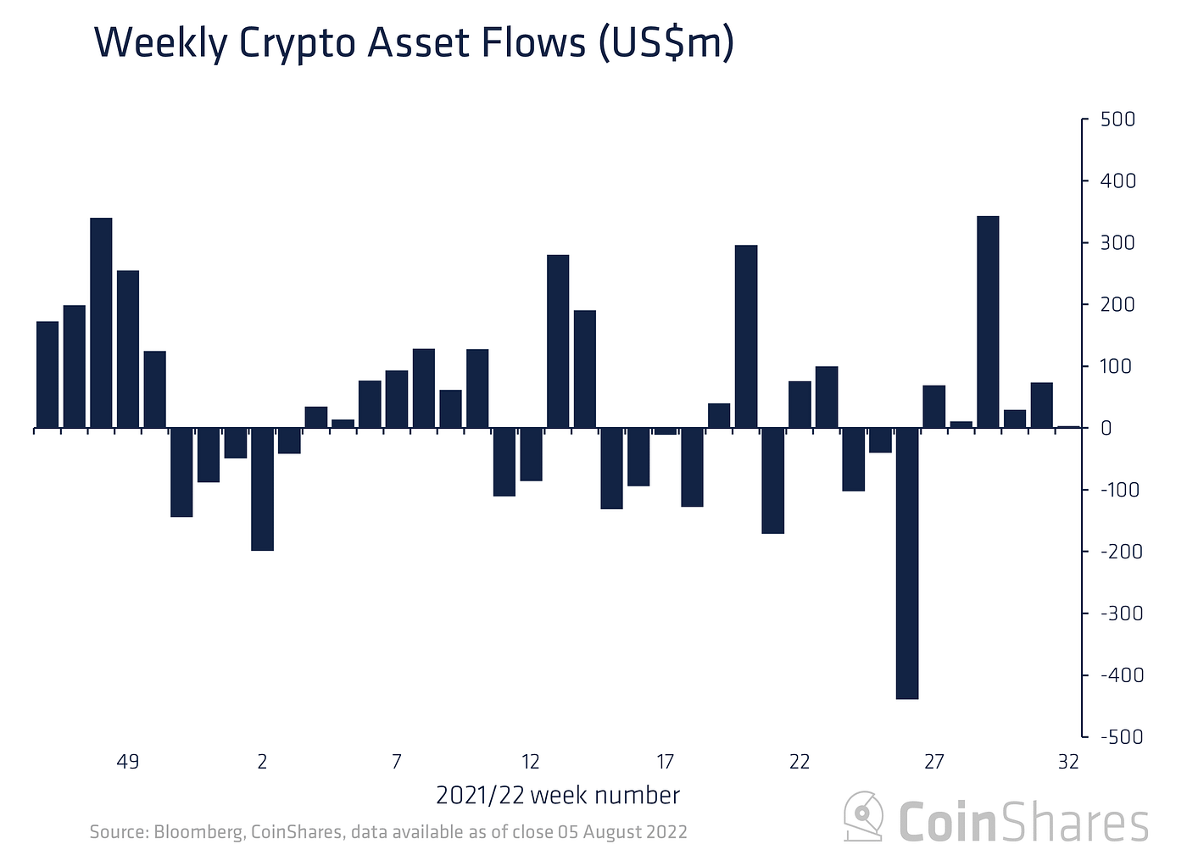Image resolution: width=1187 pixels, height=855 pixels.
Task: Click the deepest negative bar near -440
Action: click(x=907, y=563)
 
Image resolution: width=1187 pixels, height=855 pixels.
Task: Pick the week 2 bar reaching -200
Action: click(x=262, y=489)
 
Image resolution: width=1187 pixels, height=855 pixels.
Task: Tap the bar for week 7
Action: click(x=396, y=399)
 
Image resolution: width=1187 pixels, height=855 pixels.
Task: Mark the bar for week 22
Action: click(x=800, y=404)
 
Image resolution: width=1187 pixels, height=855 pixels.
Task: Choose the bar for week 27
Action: click(x=933, y=407)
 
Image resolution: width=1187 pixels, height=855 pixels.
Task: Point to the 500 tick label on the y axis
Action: click(x=1117, y=119)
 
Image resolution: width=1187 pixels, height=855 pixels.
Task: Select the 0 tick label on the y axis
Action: click(x=1106, y=428)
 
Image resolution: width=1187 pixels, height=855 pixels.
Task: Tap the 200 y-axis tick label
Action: click(x=1117, y=304)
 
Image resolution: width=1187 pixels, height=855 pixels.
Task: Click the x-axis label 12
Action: click(x=531, y=762)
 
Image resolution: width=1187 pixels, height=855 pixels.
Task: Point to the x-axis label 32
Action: click(x=1068, y=762)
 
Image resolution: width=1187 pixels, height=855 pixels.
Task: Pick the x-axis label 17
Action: click(x=665, y=762)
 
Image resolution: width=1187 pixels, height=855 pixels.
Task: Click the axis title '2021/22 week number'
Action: click(x=558, y=796)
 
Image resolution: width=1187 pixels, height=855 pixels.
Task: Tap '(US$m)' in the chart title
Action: click(x=666, y=42)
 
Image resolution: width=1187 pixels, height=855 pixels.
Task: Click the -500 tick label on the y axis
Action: click(x=1121, y=737)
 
